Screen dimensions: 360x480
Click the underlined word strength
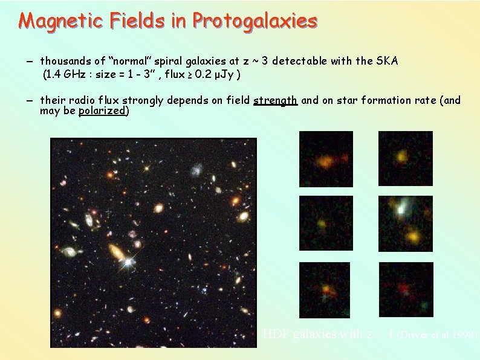tap(275, 100)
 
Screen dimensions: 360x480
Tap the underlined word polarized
tap(102, 111)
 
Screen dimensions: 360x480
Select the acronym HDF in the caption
tap(276, 333)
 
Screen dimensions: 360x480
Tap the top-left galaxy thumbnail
tap(326, 159)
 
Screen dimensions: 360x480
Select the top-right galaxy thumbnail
tap(406, 159)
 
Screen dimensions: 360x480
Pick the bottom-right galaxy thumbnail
tap(406, 290)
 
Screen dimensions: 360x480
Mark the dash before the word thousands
tap(30, 62)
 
